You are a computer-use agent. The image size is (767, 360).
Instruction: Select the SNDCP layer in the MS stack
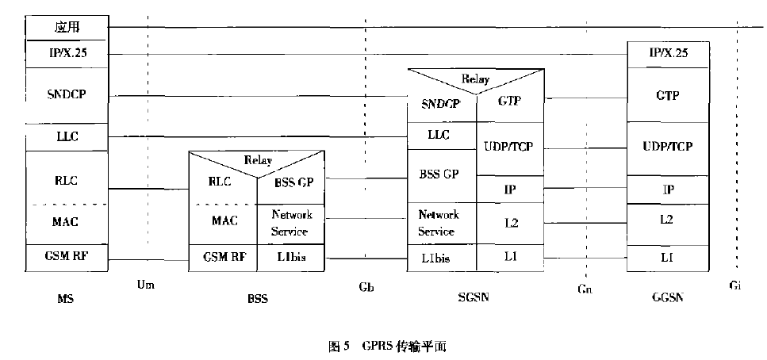[67, 94]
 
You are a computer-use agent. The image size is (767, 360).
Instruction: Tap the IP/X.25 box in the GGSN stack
[669, 54]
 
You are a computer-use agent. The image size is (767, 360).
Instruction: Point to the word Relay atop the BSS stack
[257, 160]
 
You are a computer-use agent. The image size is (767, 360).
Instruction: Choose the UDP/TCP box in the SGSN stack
[510, 147]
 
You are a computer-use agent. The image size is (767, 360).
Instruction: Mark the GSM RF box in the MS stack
[67, 256]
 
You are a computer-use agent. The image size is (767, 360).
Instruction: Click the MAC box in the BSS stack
[224, 220]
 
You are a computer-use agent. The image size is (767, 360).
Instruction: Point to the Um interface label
[145, 284]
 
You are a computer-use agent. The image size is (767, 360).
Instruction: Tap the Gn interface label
[585, 289]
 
